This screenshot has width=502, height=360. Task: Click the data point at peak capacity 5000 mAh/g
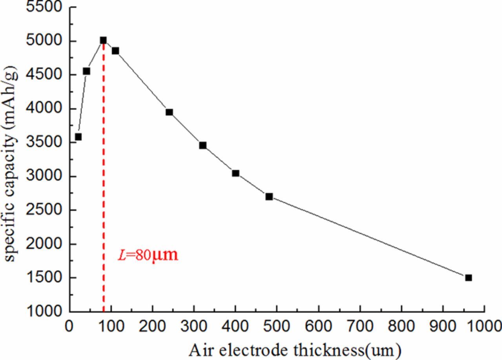[x=103, y=40]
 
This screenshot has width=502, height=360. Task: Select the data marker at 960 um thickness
[x=468, y=278]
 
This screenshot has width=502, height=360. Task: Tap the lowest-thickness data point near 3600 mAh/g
[x=78, y=137]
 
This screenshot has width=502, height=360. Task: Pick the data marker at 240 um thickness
[x=169, y=112]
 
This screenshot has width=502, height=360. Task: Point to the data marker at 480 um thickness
[x=269, y=196]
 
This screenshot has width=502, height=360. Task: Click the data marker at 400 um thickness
[x=235, y=173]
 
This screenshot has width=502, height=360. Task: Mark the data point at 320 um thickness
[x=202, y=145]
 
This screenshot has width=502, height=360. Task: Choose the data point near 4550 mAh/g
[x=86, y=71]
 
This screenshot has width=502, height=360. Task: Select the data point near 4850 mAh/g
[x=115, y=51]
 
